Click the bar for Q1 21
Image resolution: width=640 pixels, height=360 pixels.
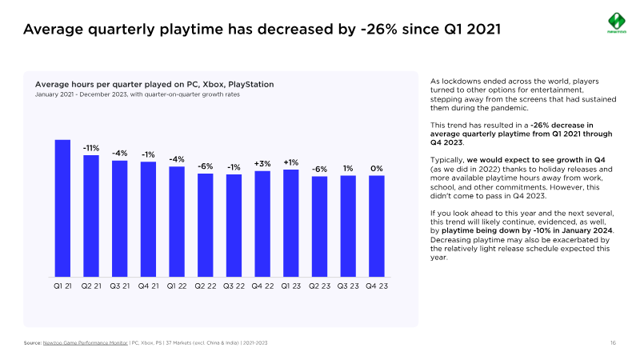coord(62,208)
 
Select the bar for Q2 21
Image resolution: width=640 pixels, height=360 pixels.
coord(91,216)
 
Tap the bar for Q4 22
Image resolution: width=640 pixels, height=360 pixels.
coord(262,224)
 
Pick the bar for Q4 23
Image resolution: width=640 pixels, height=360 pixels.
coord(377,226)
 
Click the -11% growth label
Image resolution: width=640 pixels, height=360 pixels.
coord(91,148)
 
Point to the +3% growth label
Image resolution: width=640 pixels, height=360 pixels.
coord(262,164)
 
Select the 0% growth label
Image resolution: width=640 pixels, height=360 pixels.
coord(377,169)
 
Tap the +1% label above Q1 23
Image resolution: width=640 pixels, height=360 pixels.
coord(291,162)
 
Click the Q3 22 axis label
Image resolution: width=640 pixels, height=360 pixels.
coord(234,286)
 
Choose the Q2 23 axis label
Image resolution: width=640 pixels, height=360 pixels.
coord(320,286)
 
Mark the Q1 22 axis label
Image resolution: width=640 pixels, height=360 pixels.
coord(177,286)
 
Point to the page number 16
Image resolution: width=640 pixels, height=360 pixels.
coord(612,342)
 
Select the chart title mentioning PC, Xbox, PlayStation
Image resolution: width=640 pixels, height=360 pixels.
coord(154,84)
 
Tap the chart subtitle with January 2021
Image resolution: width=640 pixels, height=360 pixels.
coord(137,94)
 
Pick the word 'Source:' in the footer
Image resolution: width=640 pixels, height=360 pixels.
coord(32,342)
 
